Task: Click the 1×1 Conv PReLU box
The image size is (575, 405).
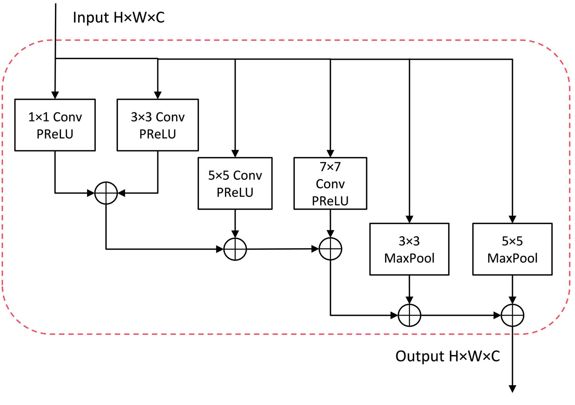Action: (x=55, y=125)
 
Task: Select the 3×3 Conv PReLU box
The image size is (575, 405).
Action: (x=158, y=125)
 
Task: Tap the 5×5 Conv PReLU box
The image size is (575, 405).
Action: (x=235, y=183)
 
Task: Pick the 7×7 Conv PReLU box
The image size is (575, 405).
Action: (x=330, y=183)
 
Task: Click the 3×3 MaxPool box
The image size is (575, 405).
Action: (x=409, y=249)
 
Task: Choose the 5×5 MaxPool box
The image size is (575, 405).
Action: (x=512, y=249)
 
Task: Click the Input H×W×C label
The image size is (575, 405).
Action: (x=118, y=18)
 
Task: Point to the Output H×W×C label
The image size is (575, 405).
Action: (x=447, y=356)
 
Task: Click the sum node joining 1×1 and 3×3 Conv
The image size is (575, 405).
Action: (x=106, y=193)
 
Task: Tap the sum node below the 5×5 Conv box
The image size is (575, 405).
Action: (x=235, y=249)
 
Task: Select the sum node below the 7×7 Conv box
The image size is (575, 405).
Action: (x=330, y=249)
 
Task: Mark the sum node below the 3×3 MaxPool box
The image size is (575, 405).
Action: (x=409, y=315)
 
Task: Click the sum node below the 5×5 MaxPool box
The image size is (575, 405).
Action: (x=512, y=315)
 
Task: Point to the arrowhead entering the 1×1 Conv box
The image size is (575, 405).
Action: (x=55, y=95)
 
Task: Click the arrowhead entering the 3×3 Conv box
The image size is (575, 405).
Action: (x=158, y=95)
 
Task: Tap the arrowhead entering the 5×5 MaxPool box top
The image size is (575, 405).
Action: (x=512, y=219)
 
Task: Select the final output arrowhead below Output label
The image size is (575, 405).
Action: (x=512, y=389)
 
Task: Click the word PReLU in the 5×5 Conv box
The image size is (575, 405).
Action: (x=235, y=192)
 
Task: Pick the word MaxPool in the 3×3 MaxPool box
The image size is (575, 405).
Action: (x=409, y=258)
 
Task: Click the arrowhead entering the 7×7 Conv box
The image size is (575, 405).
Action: (x=330, y=153)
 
